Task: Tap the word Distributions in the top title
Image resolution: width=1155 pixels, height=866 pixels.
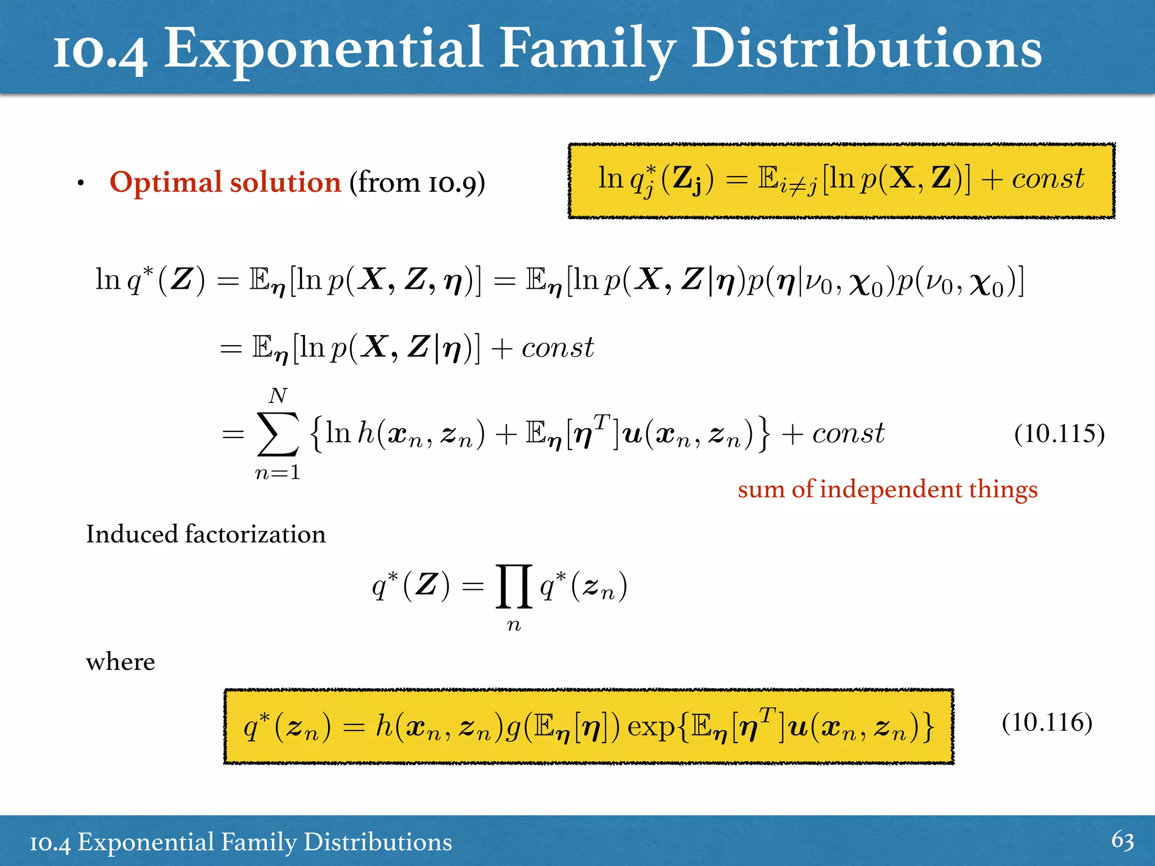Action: point(866,50)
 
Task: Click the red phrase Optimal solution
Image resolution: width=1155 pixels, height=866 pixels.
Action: point(225,183)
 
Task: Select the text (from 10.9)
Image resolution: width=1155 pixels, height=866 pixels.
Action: point(417,183)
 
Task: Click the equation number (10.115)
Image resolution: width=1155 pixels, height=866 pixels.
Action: point(1059,434)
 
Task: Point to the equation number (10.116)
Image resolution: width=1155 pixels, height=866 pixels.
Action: point(1047,722)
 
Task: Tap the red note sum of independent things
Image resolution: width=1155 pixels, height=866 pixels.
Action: point(887,489)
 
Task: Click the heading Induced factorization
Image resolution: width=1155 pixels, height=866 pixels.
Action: point(206,534)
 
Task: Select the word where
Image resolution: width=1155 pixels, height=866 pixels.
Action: point(120,662)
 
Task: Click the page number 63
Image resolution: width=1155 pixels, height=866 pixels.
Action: point(1122,841)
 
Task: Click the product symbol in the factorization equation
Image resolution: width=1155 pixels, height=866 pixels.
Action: point(513,587)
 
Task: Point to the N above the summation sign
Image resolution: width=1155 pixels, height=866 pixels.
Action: point(278,396)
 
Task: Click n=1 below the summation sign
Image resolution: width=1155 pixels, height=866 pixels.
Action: point(277,472)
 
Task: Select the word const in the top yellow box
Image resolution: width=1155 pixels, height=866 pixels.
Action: point(1047,179)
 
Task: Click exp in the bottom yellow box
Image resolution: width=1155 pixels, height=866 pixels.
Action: point(651,727)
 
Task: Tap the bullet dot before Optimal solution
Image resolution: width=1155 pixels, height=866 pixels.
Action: point(81,183)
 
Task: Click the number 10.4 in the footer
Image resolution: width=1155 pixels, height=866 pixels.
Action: point(50,843)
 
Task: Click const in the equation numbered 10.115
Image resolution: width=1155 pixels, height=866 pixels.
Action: point(848,434)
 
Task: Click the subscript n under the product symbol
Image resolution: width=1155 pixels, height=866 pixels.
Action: point(513,625)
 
